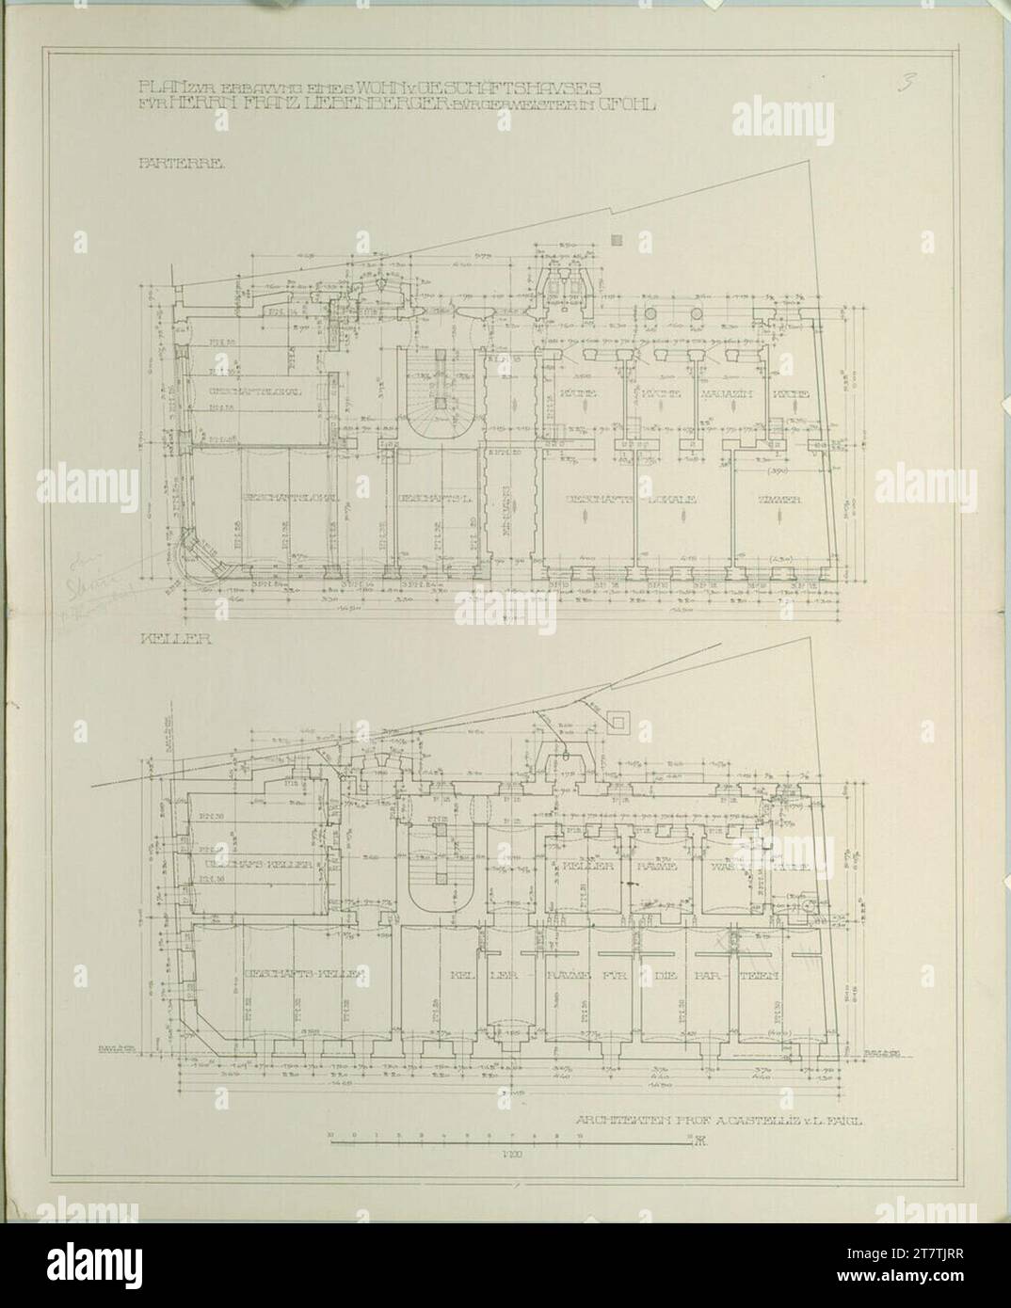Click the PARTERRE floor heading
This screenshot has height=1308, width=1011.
(x=168, y=163)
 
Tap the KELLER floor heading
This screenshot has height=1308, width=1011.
(x=162, y=638)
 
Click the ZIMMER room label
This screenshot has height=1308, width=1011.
(x=780, y=501)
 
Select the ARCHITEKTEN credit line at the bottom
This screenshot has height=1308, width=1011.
(x=719, y=1121)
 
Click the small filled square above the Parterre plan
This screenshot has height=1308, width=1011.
(x=617, y=240)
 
